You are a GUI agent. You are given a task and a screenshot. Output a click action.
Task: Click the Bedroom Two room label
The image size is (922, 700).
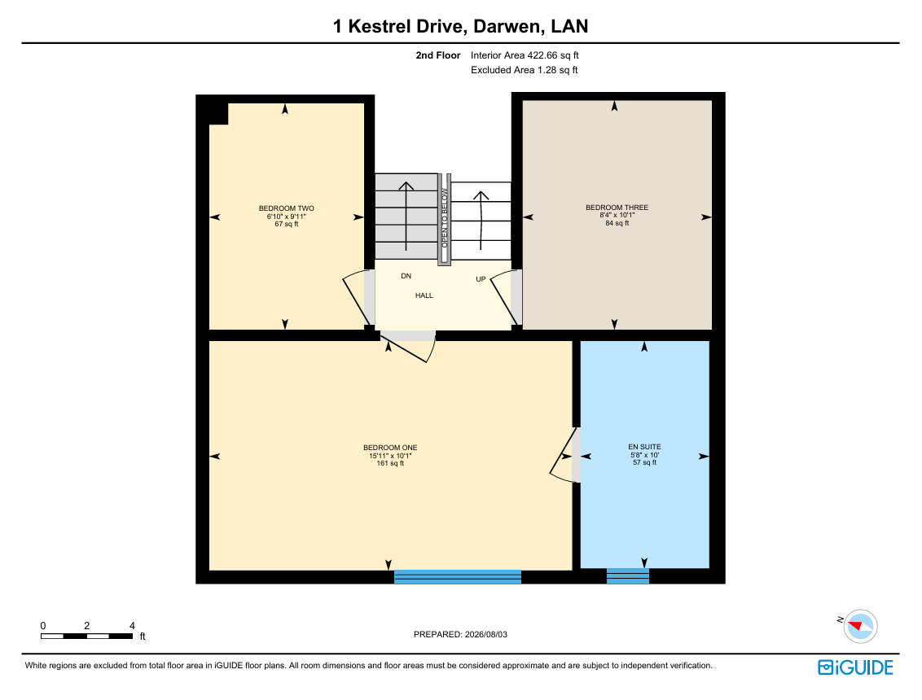[287, 208]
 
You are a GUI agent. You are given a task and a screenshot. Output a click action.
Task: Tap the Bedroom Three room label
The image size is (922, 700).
[617, 208]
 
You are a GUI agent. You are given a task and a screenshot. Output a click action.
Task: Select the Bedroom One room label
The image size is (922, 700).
[390, 448]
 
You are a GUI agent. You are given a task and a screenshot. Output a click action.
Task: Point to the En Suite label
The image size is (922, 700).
[644, 447]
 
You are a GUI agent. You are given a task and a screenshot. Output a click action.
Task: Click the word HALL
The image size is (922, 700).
[424, 295]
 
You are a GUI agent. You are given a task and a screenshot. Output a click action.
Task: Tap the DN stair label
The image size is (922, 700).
[406, 276]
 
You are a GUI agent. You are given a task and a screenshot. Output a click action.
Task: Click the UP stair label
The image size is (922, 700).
[481, 279]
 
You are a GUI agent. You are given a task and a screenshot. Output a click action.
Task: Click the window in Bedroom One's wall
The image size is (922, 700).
[458, 576]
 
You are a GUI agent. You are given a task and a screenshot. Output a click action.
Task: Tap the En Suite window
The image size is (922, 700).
[628, 576]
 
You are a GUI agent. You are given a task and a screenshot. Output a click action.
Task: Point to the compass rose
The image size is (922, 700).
[860, 627]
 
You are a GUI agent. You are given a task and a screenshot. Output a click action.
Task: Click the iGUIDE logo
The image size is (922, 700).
[855, 667]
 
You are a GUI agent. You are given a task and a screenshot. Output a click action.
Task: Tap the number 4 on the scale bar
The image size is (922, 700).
[132, 626]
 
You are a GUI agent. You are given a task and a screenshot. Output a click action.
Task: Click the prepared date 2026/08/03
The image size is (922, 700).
[485, 635]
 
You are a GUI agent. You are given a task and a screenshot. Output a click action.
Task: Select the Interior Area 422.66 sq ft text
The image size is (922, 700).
[525, 55]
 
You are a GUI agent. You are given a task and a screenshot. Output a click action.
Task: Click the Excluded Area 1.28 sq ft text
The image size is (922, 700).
[524, 70]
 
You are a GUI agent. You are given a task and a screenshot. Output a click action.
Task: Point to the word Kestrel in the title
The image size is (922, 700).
[380, 26]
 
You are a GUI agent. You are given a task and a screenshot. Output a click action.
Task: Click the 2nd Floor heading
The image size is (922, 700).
[438, 55]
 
